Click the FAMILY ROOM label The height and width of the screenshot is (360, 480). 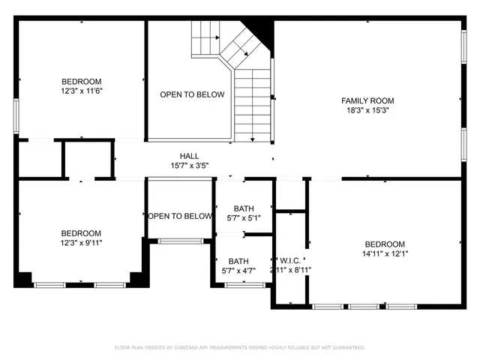click(367, 100)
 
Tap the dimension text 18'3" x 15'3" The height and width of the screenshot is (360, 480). click(367, 110)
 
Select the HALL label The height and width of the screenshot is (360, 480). click(189, 155)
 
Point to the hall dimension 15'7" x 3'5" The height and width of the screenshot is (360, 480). click(189, 165)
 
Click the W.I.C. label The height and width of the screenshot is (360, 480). click(290, 259)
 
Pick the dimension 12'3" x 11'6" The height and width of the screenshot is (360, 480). click(81, 91)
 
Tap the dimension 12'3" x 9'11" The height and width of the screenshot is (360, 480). click(81, 243)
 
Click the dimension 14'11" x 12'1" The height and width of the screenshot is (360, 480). click(385, 254)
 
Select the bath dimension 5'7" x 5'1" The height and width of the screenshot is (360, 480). click(244, 218)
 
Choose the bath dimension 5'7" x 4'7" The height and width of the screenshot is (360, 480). click(238, 271)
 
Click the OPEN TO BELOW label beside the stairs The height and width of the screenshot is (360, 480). click(192, 94)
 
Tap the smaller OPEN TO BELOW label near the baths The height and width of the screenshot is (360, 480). click(180, 216)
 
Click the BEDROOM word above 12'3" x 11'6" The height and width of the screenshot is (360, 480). click(81, 81)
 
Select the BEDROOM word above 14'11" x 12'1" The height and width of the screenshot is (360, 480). click(385, 244)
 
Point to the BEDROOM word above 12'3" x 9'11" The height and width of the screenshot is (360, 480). click(81, 233)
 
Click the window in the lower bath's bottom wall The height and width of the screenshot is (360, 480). click(245, 285)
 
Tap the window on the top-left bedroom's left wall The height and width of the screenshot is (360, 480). click(16, 116)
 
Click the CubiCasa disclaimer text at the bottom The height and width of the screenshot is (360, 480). click(239, 348)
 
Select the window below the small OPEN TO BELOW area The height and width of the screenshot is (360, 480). click(180, 241)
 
